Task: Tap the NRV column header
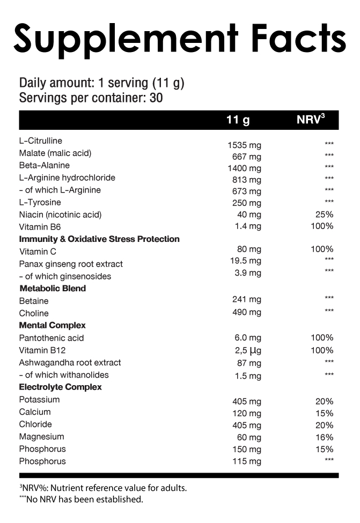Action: coord(311,120)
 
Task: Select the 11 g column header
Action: coord(238,120)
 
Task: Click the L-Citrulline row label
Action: coord(40,141)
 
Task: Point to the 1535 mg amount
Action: coord(244,145)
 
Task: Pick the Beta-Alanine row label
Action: coord(44,165)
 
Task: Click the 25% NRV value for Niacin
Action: coord(325,215)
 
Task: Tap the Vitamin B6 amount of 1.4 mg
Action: coord(248,226)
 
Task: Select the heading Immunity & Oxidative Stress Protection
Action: coord(99,239)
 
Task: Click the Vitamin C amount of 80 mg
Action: coord(249,249)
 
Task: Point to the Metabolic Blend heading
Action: coord(53,288)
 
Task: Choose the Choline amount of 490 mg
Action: coord(247,312)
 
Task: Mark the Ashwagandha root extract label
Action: coord(70,363)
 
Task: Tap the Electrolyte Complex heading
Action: coord(60,387)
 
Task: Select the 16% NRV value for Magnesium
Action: coord(325,437)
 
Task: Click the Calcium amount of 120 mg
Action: coord(247,413)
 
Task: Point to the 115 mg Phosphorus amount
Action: coord(247,461)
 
